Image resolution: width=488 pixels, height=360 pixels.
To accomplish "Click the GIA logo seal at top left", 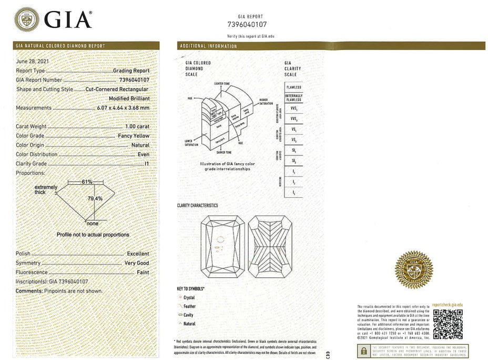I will [27, 19].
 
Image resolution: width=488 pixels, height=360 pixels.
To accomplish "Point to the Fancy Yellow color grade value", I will [134, 136].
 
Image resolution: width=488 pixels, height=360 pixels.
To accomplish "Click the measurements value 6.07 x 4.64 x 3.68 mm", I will [123, 108].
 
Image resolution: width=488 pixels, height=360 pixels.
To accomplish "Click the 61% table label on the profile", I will [87, 182].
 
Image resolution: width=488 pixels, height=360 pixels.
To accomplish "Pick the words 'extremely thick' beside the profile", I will [46, 189].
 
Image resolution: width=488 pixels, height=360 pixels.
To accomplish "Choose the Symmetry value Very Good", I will [137, 263].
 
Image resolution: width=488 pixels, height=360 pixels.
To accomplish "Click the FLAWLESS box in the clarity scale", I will [294, 87].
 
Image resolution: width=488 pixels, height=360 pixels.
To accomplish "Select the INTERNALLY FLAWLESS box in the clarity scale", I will [294, 97].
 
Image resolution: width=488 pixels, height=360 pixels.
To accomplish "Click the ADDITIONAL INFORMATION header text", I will [209, 46].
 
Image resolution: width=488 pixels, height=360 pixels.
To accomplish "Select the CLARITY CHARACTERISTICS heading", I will [197, 206].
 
